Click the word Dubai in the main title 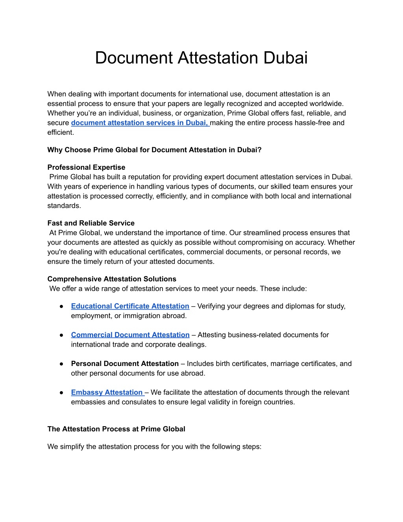pos(285,58)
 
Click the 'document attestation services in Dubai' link pos(140,123)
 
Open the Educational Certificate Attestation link pos(130,306)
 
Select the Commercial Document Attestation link pos(130,335)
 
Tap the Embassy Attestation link pos(107,392)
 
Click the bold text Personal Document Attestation pos(125,364)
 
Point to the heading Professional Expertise pos(86,167)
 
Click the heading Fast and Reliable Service pos(91,223)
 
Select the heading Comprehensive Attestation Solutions pos(112,279)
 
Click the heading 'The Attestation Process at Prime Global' pos(116,429)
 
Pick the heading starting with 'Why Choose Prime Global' pos(154,150)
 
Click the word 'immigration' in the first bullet pos(141,316)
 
